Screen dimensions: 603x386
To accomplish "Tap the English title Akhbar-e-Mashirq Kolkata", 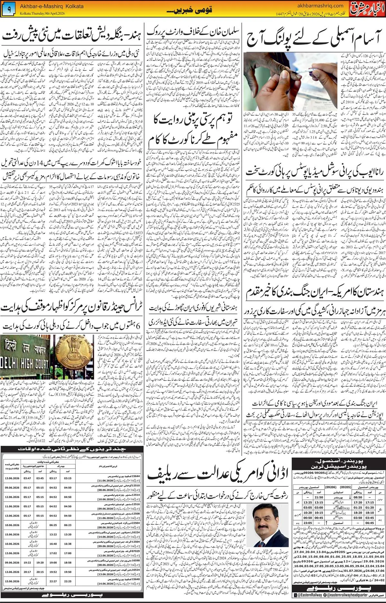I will click(51, 6).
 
